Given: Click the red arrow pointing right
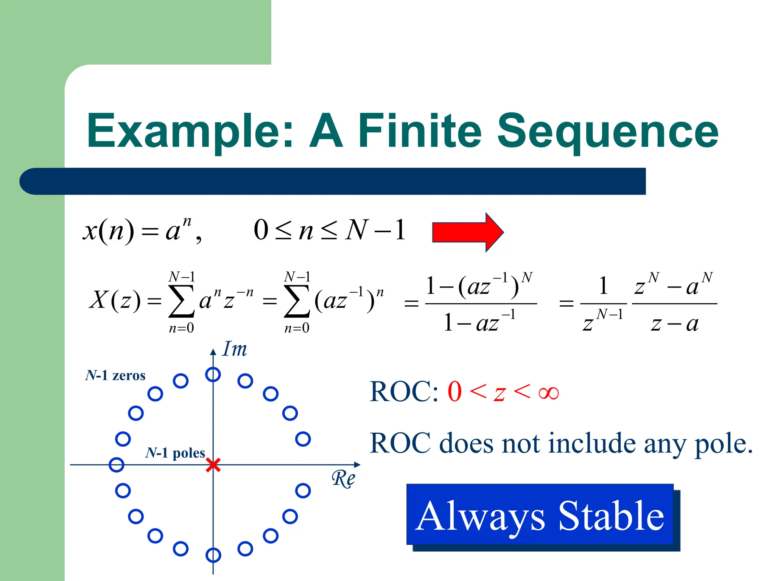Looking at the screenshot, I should click(x=467, y=232).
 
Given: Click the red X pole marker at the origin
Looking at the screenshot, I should click(x=213, y=465).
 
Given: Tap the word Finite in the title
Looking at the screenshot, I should click(x=420, y=131).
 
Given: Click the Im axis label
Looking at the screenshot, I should click(x=235, y=349).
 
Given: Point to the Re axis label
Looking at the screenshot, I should click(x=343, y=479).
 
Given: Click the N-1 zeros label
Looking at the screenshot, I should click(x=115, y=376).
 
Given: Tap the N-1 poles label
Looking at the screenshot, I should click(x=175, y=453).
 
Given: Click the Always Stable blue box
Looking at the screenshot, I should click(x=540, y=515).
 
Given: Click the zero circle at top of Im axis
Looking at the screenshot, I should click(x=213, y=374).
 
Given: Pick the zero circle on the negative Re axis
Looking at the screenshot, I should click(x=116, y=464).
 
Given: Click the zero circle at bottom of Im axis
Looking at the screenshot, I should click(x=213, y=555).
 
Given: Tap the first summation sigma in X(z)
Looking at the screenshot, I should click(x=181, y=301).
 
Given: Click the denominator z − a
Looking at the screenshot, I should click(x=675, y=324).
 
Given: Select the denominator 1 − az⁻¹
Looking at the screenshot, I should click(x=479, y=322).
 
